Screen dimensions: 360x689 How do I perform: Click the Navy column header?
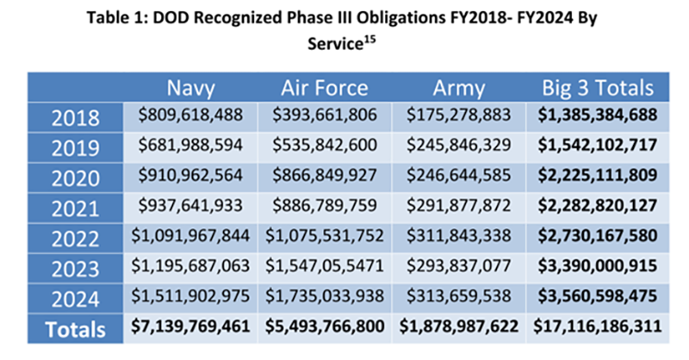pyautogui.click(x=194, y=88)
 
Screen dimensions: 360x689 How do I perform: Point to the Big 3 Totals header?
pyautogui.click(x=595, y=88)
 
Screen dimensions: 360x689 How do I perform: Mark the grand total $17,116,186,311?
pyautogui.click(x=595, y=329)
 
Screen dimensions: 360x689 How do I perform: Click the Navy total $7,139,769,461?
pyautogui.click(x=194, y=329)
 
